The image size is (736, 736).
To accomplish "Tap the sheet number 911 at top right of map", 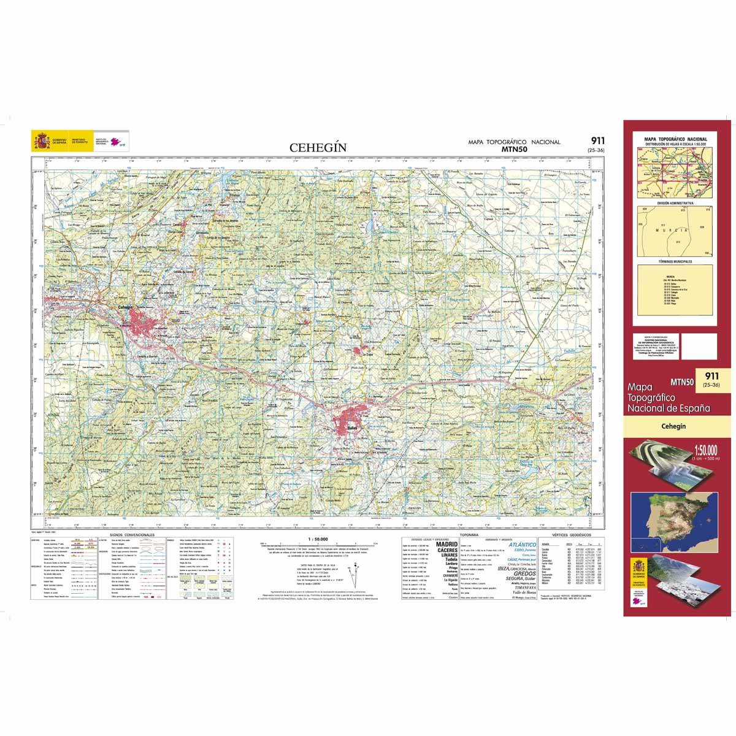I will tap(594, 140).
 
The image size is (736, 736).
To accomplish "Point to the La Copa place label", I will tap(367, 355).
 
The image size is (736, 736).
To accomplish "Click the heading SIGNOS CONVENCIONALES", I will tap(132, 535).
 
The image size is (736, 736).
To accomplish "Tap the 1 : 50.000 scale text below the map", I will tap(312, 538).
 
